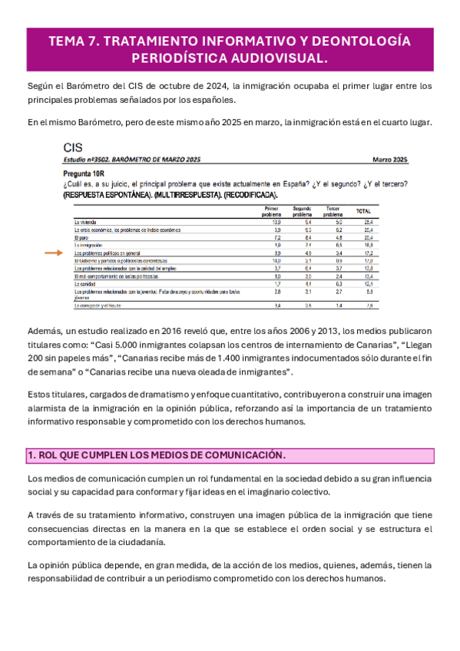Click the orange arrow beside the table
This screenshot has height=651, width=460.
tap(55, 252)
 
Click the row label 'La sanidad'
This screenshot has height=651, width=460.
tap(85, 283)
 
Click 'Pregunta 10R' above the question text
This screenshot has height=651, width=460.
tap(87, 174)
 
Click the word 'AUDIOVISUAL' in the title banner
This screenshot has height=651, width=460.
tap(274, 58)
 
